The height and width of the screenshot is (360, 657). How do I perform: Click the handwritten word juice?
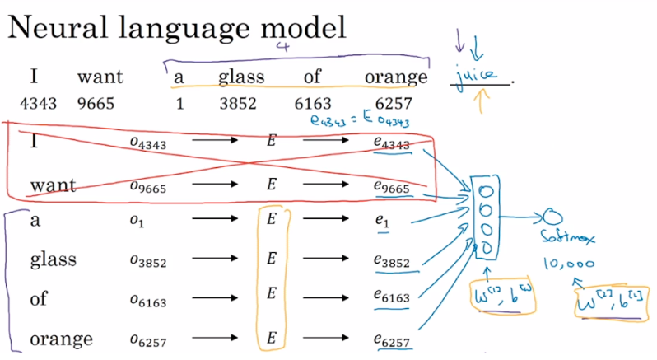[478, 77]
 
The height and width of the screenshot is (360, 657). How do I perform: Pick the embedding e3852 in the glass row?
[391, 262]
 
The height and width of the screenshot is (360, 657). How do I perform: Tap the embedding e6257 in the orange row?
[391, 339]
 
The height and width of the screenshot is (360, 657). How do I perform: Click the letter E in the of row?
[270, 299]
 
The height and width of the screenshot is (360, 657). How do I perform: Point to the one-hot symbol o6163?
[148, 301]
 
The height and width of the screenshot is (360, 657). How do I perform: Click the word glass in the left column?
[53, 260]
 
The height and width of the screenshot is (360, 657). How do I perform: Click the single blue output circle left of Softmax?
[550, 217]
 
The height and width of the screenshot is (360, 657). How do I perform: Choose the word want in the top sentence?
[100, 77]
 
